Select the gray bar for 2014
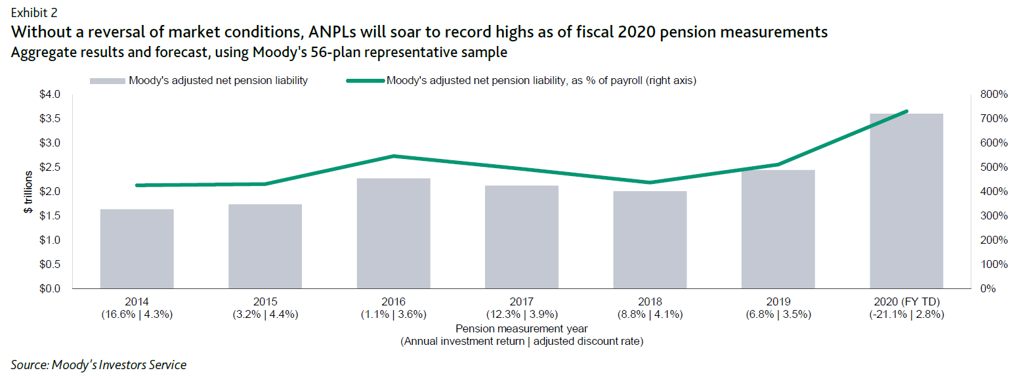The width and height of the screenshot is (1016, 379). click(137, 249)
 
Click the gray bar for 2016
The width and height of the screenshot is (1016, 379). click(393, 233)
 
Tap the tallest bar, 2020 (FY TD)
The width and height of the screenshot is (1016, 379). click(906, 201)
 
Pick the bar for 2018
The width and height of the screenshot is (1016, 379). click(650, 240)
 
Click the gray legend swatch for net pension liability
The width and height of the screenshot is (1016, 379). click(106, 81)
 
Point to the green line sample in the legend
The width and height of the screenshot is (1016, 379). click(364, 81)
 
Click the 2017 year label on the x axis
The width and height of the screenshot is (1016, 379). click(521, 302)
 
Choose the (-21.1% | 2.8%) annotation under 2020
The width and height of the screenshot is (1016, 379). click(906, 314)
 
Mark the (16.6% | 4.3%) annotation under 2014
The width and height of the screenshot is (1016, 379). click(137, 314)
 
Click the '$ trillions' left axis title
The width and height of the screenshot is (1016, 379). click(28, 192)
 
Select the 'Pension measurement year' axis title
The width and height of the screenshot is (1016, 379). click(521, 328)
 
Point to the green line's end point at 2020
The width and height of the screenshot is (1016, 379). click(906, 112)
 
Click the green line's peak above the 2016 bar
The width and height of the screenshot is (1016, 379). click(393, 156)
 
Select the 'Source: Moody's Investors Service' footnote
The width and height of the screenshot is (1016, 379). click(98, 365)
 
